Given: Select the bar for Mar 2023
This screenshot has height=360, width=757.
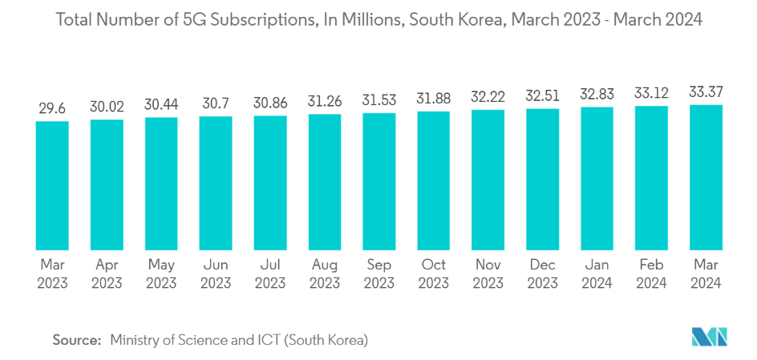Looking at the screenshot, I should pos(52,185).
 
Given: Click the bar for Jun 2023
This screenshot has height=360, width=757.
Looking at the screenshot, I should pos(216,183).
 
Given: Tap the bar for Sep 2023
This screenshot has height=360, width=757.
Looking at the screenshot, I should pos(379,181).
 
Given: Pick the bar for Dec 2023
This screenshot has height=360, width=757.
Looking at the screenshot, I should pos(543,179).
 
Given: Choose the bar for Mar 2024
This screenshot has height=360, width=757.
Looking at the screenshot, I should pos(706,177).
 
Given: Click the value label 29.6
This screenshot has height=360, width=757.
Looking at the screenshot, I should pos(52,107).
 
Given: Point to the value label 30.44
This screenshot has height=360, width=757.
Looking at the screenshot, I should pos(161,103).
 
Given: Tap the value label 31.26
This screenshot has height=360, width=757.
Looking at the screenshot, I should pos(325,101).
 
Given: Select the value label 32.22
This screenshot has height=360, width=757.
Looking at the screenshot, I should pos(488,97).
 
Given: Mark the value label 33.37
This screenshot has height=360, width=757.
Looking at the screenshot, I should pos(706,92).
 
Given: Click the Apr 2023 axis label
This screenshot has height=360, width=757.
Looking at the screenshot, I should pos(107,273).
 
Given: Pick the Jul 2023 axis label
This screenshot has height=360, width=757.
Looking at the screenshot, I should pos(270,273).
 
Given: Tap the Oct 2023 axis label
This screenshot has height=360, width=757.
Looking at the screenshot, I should pos(434,273).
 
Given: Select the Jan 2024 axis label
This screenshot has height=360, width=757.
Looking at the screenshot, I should pos(597,273).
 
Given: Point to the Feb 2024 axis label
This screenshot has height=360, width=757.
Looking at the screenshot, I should pos(651,273).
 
